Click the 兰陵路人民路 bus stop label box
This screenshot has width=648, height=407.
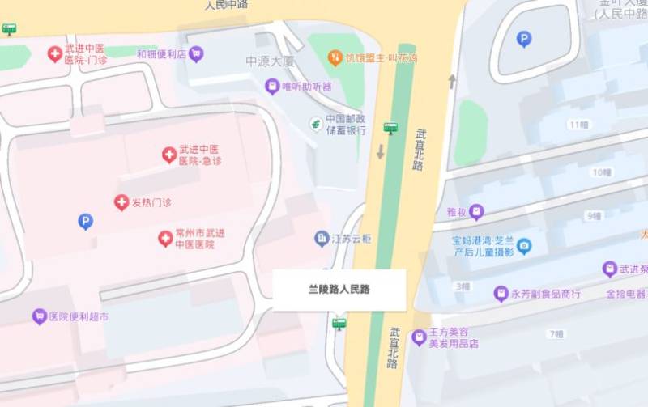click(339, 290)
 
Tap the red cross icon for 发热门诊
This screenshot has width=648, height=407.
click(122, 202)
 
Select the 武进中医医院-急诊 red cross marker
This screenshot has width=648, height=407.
click(169, 155)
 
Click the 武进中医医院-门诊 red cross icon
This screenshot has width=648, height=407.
click(55, 54)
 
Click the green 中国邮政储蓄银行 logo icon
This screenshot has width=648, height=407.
click(316, 123)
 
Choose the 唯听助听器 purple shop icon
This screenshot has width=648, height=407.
click(272, 87)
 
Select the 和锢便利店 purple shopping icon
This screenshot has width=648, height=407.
click(196, 54)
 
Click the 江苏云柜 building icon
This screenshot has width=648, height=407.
click(322, 239)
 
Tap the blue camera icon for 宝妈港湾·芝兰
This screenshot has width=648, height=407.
click(524, 246)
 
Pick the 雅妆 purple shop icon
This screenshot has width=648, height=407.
click(476, 212)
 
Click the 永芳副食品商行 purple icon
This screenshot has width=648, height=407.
click(501, 294)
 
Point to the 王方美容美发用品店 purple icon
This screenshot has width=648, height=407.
click(419, 337)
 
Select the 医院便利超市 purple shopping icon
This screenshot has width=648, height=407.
click(39, 316)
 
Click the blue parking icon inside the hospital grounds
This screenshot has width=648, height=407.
click(85, 221)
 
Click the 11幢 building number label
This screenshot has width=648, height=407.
click(578, 125)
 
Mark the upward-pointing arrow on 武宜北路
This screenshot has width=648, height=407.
click(452, 81)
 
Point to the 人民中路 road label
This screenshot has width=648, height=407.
click(226, 5)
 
